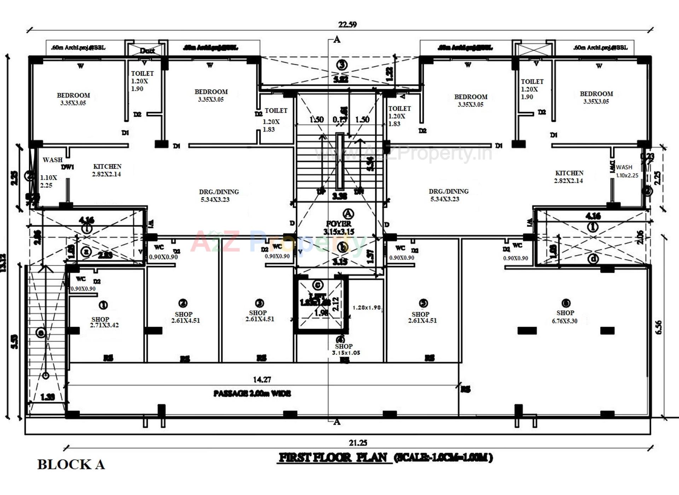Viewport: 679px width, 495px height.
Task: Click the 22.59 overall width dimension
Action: (347, 24)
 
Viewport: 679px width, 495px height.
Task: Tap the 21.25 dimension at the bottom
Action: (358, 442)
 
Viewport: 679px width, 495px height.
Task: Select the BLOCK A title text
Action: (71, 464)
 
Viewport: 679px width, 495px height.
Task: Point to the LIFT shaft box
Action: (321, 304)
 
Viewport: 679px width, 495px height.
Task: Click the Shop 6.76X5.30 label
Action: (565, 317)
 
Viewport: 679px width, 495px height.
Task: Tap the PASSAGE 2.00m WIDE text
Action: (252, 393)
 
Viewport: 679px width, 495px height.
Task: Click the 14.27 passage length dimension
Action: (262, 379)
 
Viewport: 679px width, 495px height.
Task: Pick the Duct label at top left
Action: (147, 51)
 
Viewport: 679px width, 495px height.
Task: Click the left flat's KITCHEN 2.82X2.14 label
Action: (107, 170)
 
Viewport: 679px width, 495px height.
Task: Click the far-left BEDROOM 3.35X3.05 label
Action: (73, 99)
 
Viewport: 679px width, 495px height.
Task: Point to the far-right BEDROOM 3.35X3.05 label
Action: (596, 98)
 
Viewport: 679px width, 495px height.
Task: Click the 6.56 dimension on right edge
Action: (658, 327)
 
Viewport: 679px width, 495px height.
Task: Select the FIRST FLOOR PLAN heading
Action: (333, 458)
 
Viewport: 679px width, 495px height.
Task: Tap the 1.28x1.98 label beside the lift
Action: (366, 308)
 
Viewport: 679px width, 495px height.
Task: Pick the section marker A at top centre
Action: (337, 40)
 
